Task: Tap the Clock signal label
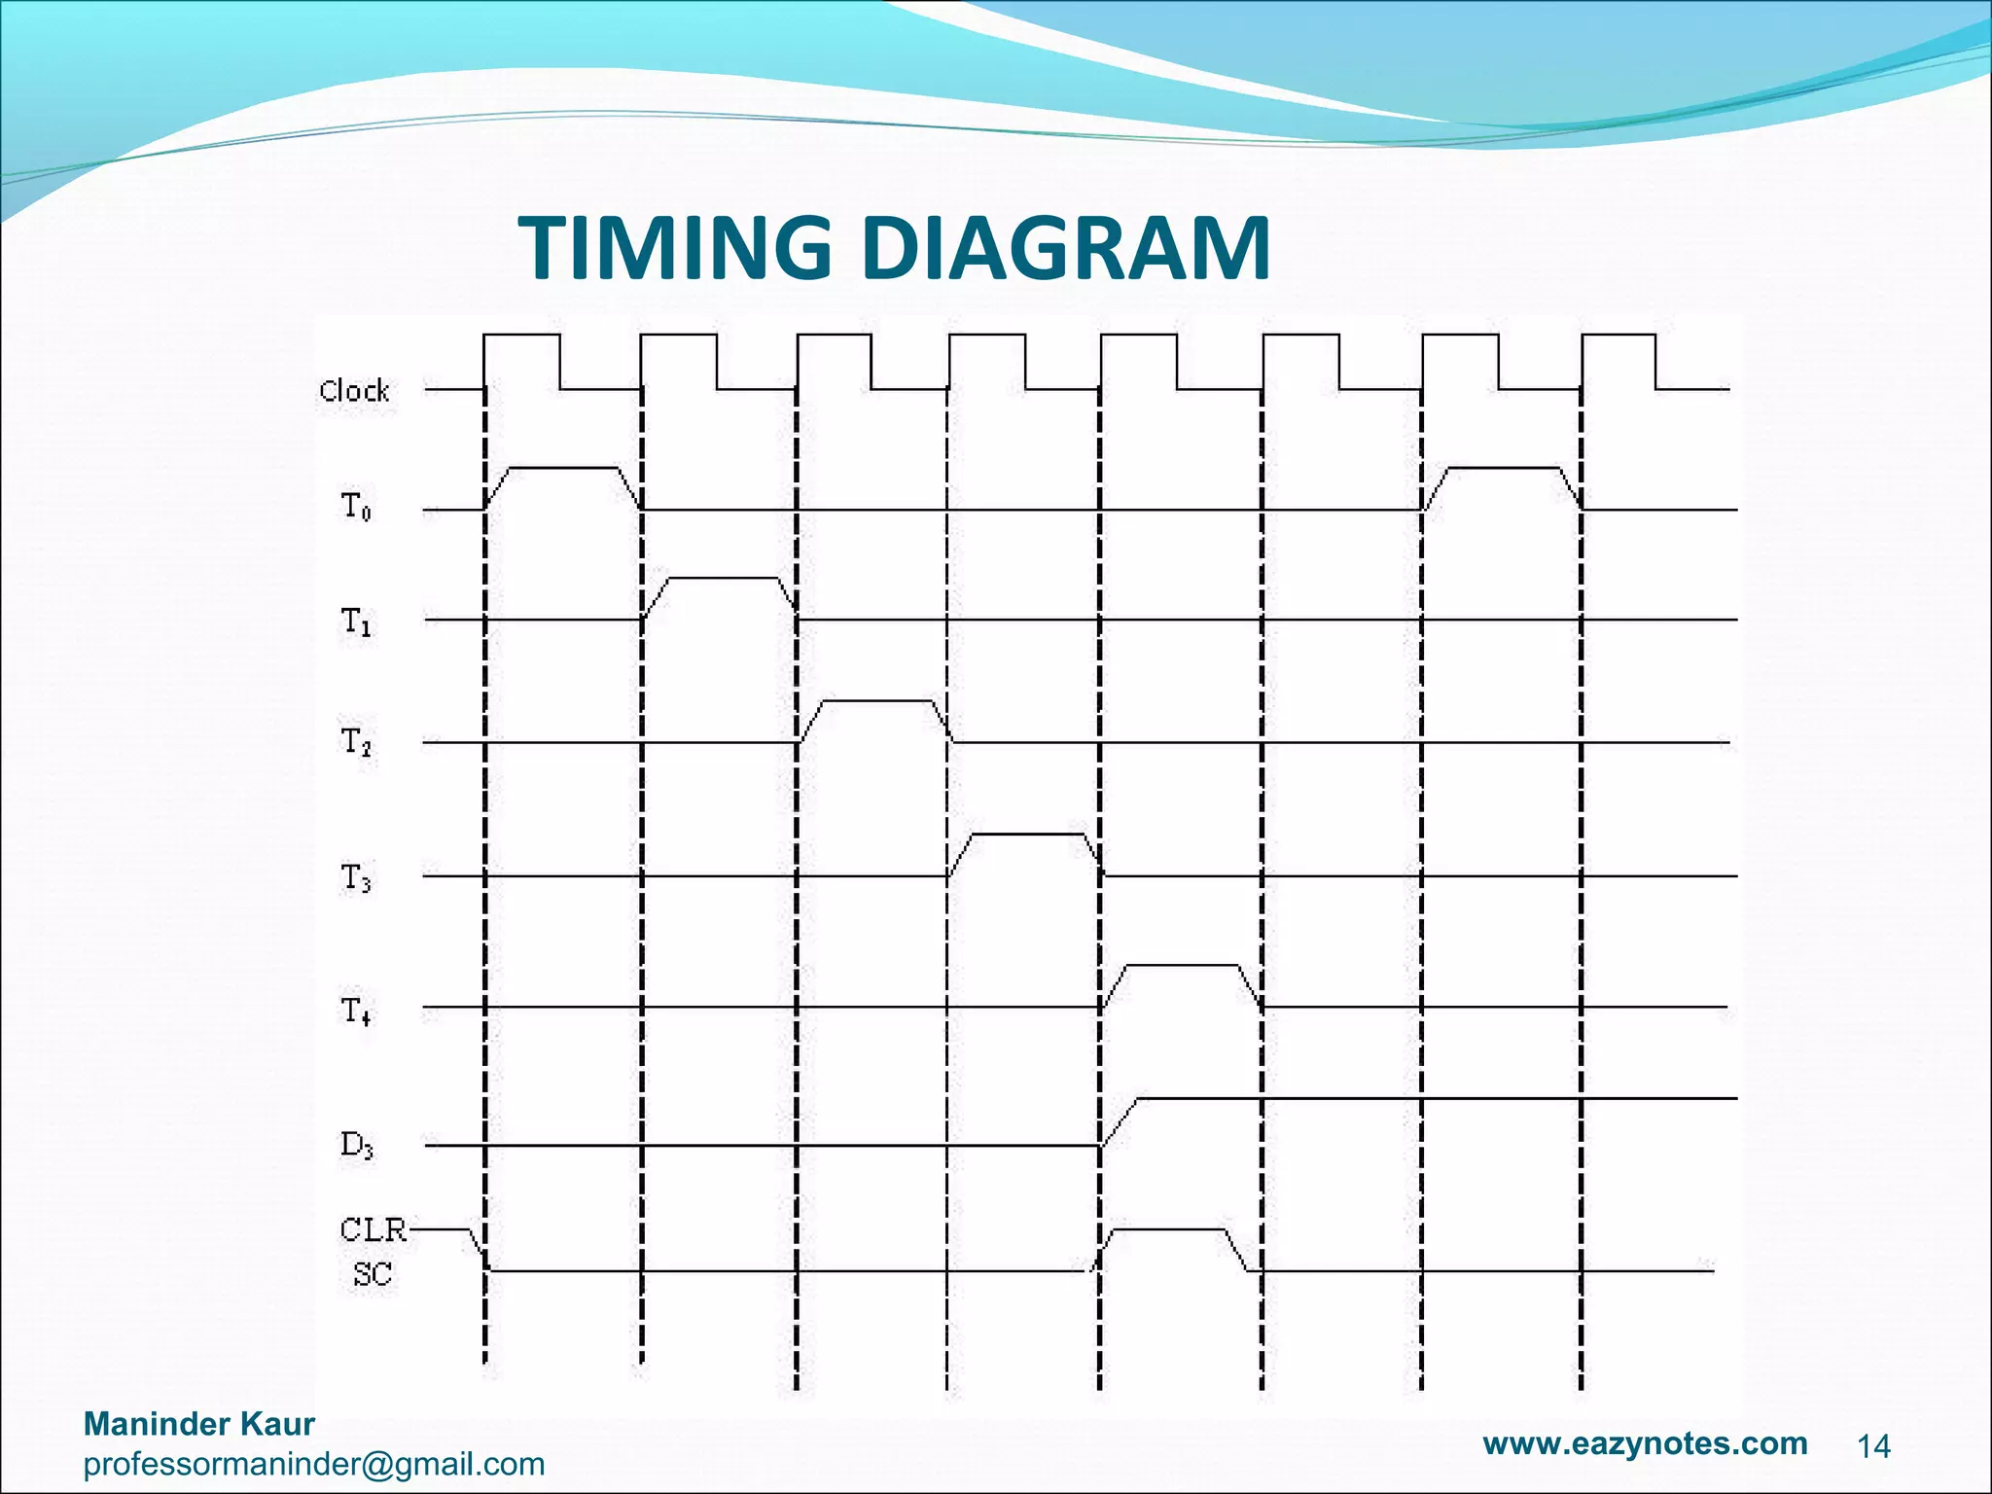(354, 391)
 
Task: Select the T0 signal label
(355, 507)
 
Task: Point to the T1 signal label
(355, 621)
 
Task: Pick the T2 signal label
(355, 743)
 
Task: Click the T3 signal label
(355, 877)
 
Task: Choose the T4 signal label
(355, 1012)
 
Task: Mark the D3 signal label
(356, 1146)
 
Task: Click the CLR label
(373, 1230)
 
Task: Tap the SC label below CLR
(372, 1273)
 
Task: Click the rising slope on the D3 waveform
(1120, 1121)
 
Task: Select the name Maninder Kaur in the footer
(199, 1424)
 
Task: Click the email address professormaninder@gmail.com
(313, 1464)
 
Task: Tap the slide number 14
(1873, 1447)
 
